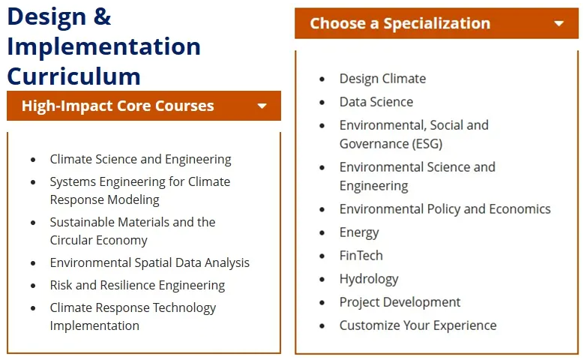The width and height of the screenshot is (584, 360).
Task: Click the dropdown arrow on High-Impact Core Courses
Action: point(262,106)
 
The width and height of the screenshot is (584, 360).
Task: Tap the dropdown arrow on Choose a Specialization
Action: point(559,24)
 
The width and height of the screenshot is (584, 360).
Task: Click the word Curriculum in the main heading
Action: point(73,76)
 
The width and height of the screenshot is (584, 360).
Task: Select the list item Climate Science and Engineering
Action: point(140,160)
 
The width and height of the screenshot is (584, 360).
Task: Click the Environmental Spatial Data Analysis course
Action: point(150,263)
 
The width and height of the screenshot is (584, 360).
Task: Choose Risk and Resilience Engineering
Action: point(137,286)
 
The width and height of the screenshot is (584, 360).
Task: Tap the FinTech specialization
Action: point(361,256)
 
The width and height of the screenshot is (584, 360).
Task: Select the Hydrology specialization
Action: point(369,279)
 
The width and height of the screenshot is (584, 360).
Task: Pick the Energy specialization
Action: point(359,232)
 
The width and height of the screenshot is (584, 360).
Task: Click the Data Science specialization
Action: point(376,102)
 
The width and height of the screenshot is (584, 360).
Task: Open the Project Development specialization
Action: point(400,302)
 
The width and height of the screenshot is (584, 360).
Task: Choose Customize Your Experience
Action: point(418,325)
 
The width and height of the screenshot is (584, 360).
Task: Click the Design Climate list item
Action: point(382,79)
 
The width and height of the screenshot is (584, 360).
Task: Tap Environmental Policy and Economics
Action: point(445,209)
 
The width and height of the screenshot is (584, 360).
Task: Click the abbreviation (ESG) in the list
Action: point(427,144)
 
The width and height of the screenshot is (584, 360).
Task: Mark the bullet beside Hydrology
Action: point(322,280)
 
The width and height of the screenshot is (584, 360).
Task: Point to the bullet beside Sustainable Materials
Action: point(33,223)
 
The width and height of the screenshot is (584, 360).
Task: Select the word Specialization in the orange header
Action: point(437,24)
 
